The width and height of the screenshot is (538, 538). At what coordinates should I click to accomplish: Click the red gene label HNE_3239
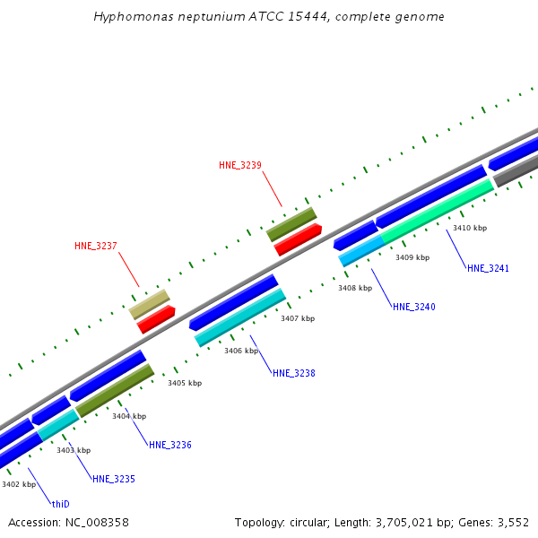click(240, 165)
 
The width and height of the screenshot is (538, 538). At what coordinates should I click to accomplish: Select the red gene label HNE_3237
click(96, 246)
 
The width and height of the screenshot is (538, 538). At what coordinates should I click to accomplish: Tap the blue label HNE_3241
click(488, 268)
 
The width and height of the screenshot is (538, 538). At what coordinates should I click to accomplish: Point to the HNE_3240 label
click(413, 307)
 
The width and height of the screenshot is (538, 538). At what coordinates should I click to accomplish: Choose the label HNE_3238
click(293, 373)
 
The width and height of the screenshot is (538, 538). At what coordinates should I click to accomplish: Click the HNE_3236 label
click(169, 445)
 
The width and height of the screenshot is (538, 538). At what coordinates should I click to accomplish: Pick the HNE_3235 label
click(113, 479)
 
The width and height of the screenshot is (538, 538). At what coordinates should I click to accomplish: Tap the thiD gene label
click(60, 504)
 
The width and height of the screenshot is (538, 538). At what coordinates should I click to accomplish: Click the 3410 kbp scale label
click(469, 228)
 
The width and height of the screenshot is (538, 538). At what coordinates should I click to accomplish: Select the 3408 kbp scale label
click(355, 288)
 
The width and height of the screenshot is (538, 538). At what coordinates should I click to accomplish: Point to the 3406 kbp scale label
click(241, 351)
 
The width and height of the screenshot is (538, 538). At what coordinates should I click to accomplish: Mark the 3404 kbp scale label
click(128, 416)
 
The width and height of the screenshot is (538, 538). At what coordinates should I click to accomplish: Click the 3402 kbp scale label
click(18, 484)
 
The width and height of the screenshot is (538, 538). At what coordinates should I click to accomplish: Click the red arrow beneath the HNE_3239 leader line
click(298, 239)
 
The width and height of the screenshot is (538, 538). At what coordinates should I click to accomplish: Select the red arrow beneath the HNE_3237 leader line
click(156, 319)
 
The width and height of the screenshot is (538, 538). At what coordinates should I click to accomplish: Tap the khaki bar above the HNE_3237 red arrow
click(149, 303)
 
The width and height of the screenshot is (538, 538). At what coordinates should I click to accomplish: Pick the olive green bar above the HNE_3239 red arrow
click(291, 224)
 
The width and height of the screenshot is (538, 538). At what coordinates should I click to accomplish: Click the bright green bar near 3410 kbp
click(438, 211)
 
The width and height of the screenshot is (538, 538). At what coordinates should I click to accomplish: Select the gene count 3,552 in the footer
click(512, 522)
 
